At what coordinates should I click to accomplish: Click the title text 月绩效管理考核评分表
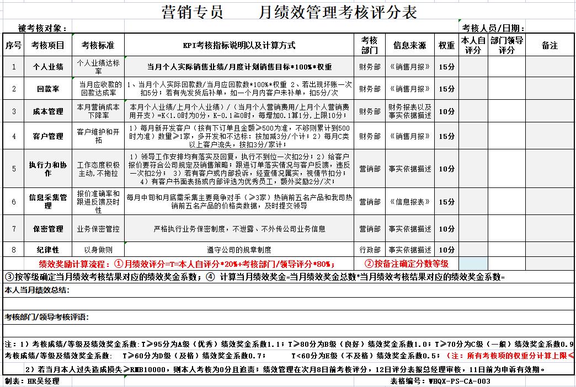click(337, 12)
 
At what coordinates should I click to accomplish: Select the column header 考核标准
click(98, 45)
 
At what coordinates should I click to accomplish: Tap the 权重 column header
click(446, 45)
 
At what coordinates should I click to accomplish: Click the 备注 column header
click(550, 45)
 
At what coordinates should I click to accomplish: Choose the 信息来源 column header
click(409, 45)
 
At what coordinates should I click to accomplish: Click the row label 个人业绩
click(48, 67)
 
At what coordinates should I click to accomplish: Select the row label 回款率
click(48, 89)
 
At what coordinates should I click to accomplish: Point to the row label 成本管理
click(48, 111)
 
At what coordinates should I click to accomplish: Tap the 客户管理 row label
click(48, 136)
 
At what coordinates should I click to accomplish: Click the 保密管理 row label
click(48, 229)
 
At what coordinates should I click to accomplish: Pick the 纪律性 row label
click(48, 250)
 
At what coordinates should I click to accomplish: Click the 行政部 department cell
click(370, 250)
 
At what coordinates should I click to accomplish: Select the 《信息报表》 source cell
click(409, 202)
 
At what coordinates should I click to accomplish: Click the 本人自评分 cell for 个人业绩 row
click(473, 67)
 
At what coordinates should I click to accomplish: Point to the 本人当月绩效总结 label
click(37, 289)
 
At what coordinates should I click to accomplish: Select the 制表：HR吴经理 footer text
click(31, 381)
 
